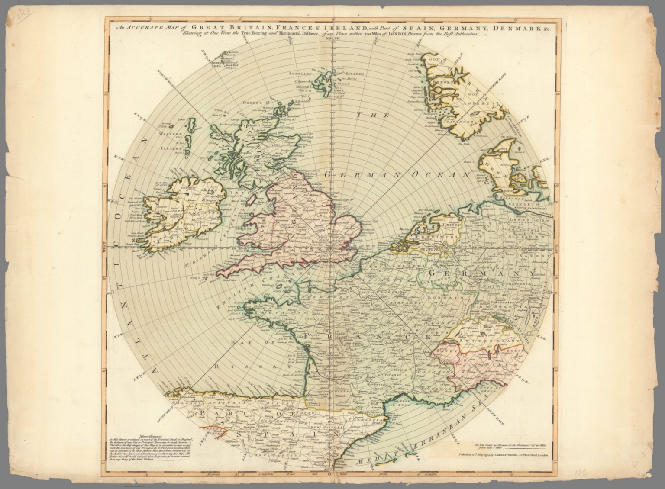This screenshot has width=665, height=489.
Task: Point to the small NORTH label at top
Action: (x=332, y=39)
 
